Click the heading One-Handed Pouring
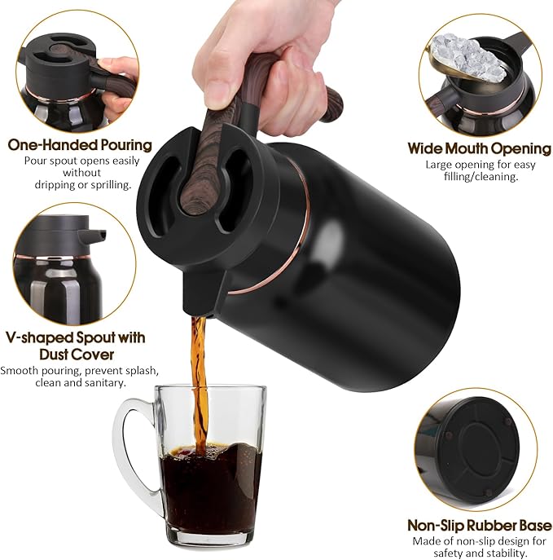pos(80,145)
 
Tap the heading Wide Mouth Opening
pos(479,148)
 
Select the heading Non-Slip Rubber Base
pos(479,525)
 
